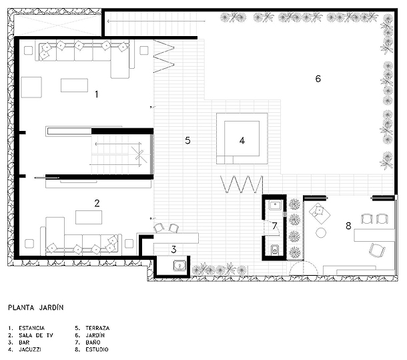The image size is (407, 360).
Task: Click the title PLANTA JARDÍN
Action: (x=36, y=307)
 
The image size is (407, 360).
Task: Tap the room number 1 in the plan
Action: (x=97, y=94)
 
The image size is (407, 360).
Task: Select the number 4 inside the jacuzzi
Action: (x=242, y=141)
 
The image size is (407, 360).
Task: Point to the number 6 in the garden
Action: (x=318, y=79)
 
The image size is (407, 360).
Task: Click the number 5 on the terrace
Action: (x=187, y=141)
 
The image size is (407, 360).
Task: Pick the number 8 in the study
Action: (x=348, y=226)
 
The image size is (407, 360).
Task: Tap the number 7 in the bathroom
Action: (x=275, y=226)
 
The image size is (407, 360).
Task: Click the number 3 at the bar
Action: (x=173, y=250)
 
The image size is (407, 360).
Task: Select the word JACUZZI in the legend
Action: (x=30, y=349)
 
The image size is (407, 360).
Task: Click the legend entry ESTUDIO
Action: (x=97, y=349)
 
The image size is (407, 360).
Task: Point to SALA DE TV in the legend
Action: (x=36, y=335)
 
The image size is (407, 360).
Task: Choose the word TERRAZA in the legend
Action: (x=97, y=328)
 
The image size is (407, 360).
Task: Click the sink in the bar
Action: (x=179, y=266)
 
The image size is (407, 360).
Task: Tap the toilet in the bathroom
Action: (x=274, y=250)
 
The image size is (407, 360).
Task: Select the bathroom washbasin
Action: (x=275, y=205)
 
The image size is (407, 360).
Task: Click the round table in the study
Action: (x=321, y=232)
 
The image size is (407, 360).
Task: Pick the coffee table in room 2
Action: (x=89, y=217)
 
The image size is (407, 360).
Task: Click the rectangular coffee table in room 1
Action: (x=74, y=85)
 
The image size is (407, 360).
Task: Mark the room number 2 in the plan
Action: (x=97, y=203)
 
